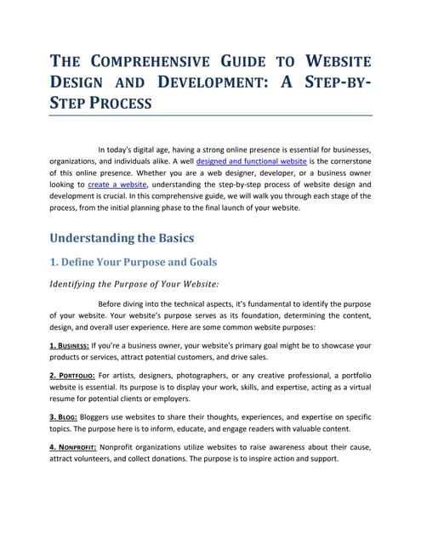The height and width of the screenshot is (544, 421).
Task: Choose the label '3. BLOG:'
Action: pos(62,417)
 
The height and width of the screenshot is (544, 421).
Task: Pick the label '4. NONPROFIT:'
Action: pos(72,447)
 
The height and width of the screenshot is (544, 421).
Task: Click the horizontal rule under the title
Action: pos(210,114)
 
